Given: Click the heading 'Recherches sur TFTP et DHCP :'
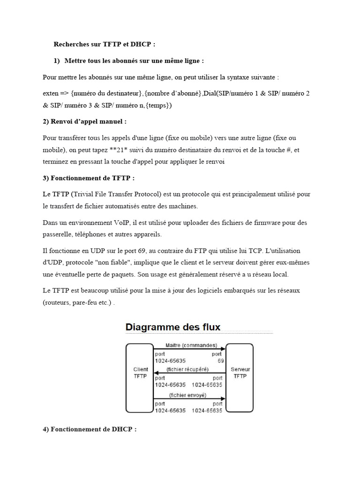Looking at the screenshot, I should click(x=104, y=45).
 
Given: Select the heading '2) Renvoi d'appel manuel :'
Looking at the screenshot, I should click(x=84, y=121).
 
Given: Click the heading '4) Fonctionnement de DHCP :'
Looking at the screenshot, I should click(x=90, y=429).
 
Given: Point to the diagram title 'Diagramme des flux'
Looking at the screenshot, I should click(x=172, y=327).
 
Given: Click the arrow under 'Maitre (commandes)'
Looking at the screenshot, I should click(x=190, y=350).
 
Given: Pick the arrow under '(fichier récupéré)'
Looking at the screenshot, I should click(x=190, y=374).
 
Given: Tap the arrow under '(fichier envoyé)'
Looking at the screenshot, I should click(x=190, y=399).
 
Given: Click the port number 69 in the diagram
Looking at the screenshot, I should click(x=220, y=361).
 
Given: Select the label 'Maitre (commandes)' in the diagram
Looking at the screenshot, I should click(x=191, y=345).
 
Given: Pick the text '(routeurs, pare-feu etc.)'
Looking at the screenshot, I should click(x=77, y=303).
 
